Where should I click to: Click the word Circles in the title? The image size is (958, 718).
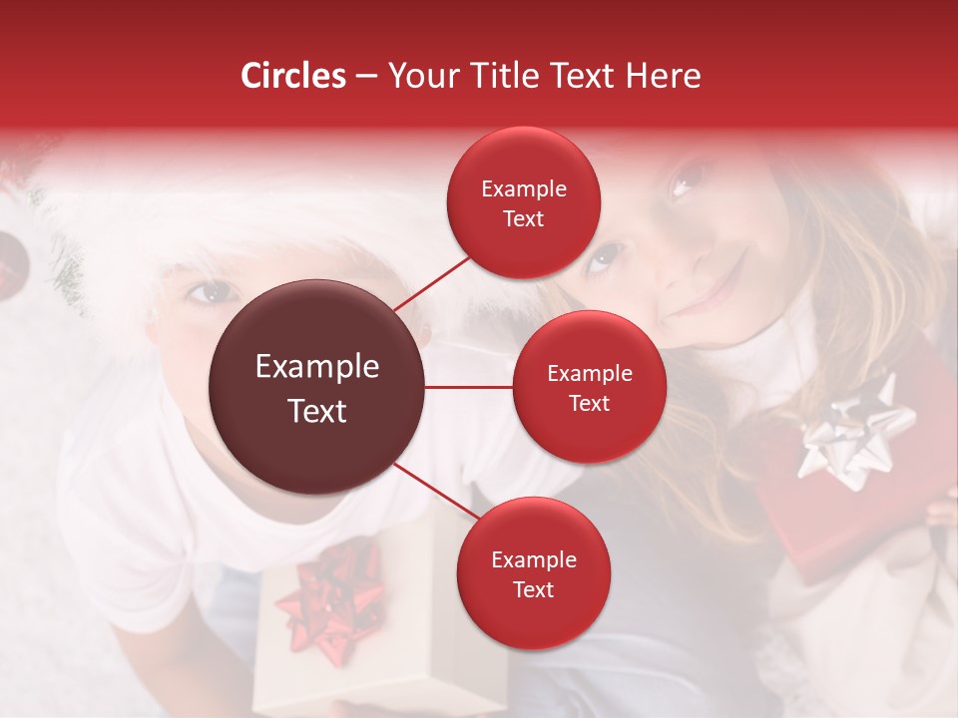[292, 77]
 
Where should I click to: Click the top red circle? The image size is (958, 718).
[523, 203]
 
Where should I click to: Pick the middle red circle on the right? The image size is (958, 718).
[589, 387]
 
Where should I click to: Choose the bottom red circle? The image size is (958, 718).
[533, 573]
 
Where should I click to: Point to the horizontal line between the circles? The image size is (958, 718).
[469, 387]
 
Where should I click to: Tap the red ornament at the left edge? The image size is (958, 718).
[12, 255]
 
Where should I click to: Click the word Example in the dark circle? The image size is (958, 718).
[317, 367]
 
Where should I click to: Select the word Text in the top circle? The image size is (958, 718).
[523, 218]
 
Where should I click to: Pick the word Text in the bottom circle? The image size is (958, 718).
[533, 589]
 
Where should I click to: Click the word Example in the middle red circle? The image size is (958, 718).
[589, 374]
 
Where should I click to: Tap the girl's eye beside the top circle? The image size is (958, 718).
[604, 258]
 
